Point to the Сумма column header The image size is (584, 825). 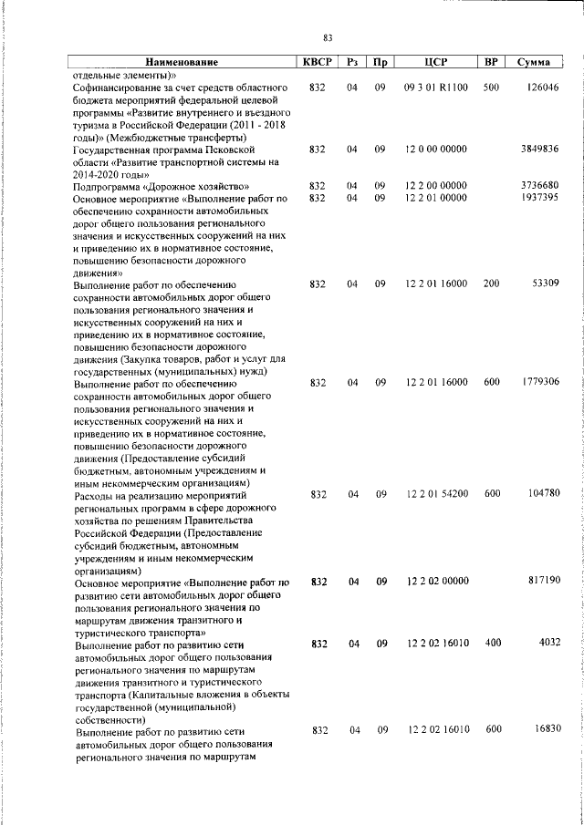[x=532, y=62]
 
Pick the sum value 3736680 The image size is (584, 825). [x=538, y=185]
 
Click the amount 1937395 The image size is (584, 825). [x=538, y=197]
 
